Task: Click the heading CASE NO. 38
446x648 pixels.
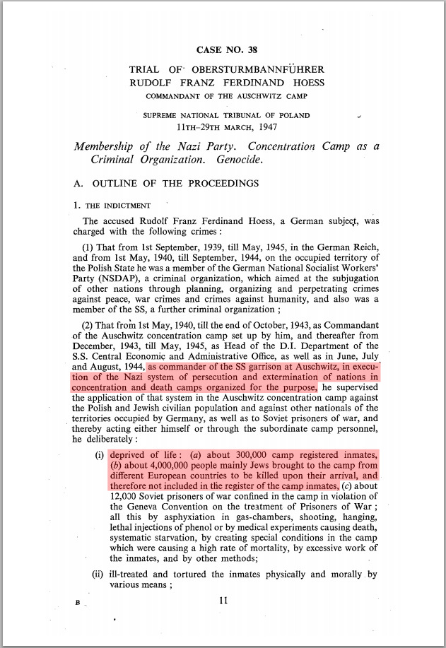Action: (x=226, y=50)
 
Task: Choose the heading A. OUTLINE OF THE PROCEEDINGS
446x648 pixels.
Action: (x=166, y=184)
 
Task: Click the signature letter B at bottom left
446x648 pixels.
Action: (x=77, y=603)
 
